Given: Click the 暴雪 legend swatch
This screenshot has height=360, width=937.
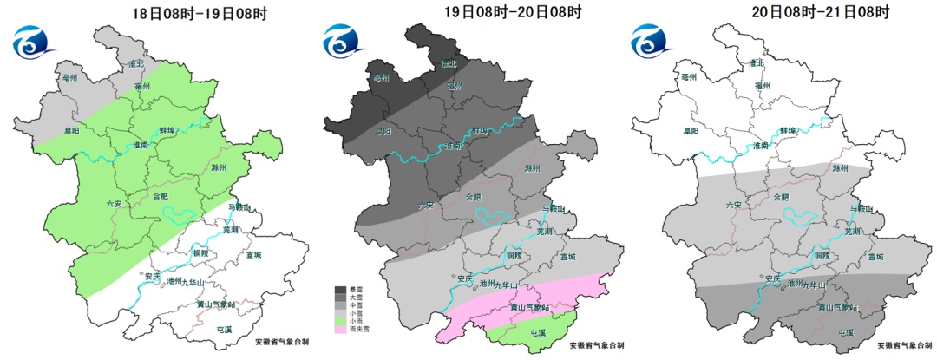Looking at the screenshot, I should pos(341,289).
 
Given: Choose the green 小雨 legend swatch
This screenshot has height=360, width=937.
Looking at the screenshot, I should pos(341,321).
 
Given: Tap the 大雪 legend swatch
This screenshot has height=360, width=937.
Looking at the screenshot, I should pos(341,297).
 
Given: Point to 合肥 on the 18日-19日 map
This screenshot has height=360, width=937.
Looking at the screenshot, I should pos(161,197).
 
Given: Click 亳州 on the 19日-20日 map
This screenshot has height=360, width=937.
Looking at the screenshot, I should pos(380,77).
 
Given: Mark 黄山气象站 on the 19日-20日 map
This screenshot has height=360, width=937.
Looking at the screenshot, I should pos(530,306).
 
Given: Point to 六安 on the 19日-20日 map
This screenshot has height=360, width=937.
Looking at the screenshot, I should pos(425,205).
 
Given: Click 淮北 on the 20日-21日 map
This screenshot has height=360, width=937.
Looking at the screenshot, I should pos(756,63).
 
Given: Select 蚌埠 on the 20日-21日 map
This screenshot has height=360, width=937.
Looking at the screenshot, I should pos(787,129).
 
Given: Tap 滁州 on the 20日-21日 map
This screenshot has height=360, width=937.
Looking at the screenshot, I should pos(839,168).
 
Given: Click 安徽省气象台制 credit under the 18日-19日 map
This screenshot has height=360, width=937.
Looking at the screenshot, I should pos(270,344).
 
